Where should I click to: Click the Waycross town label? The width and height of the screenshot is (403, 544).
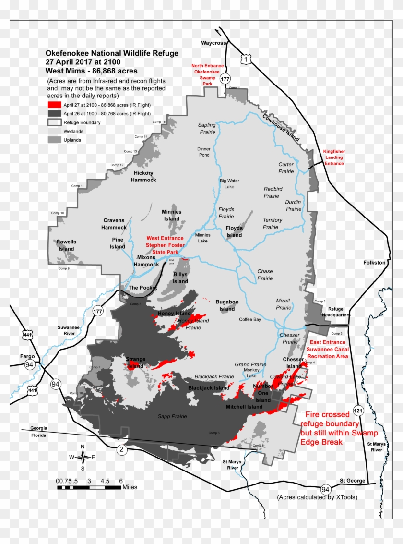(x=213, y=43)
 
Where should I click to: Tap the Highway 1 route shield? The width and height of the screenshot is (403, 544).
(x=246, y=59)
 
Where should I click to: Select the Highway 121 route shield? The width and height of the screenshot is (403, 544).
(x=357, y=411)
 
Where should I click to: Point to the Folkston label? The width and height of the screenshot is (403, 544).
(x=374, y=263)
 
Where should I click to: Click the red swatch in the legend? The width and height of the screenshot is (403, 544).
(x=54, y=105)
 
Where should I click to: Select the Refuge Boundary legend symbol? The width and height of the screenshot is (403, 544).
(x=54, y=122)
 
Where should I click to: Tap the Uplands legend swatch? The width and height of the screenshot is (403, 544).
(x=54, y=140)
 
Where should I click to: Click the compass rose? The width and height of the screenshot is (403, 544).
(x=83, y=457)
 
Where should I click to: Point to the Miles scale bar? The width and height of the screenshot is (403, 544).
(x=89, y=487)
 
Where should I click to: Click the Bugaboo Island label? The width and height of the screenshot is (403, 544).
(x=227, y=305)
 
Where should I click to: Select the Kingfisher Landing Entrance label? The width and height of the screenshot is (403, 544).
(x=334, y=157)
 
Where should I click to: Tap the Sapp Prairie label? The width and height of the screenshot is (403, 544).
(x=172, y=416)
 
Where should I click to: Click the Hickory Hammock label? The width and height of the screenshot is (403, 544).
(x=144, y=176)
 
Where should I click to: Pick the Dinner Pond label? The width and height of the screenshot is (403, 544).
(x=204, y=152)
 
